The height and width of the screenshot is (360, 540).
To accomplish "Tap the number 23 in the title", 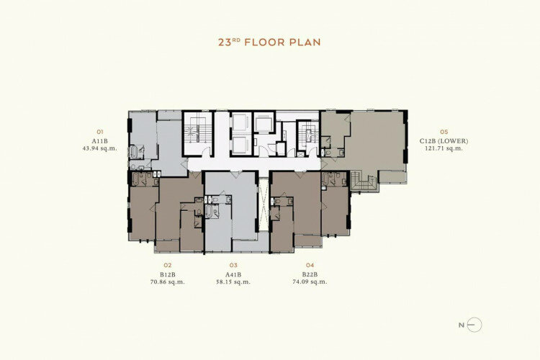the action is (x=225, y=42).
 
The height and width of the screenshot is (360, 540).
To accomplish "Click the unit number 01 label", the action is (x=100, y=132).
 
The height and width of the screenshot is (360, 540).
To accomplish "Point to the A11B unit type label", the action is (x=100, y=141).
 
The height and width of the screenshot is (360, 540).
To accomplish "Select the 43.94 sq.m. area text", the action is (x=100, y=148).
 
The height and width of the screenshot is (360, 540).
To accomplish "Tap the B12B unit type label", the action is (x=168, y=274).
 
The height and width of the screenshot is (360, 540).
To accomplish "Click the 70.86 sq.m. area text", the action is (x=168, y=282).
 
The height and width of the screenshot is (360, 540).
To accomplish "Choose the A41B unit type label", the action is (x=233, y=274).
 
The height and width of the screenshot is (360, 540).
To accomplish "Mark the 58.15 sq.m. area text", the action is (x=233, y=282).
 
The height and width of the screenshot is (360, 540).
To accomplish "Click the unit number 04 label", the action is (x=310, y=265).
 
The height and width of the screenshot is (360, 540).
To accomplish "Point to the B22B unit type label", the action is (x=310, y=274).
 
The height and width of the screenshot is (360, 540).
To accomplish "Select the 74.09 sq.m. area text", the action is (x=310, y=282).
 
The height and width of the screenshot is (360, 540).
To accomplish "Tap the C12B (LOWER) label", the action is (x=444, y=141).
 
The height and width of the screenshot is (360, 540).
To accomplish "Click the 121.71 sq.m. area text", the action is (x=444, y=148).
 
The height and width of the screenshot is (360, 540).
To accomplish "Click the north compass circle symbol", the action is (x=475, y=325).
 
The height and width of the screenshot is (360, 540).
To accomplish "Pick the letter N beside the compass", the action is (x=462, y=325).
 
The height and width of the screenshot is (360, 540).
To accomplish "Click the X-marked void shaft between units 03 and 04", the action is (x=264, y=204).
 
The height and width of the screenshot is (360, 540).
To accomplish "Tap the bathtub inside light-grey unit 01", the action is (x=134, y=152).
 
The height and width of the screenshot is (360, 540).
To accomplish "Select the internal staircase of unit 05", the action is (x=364, y=181).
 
